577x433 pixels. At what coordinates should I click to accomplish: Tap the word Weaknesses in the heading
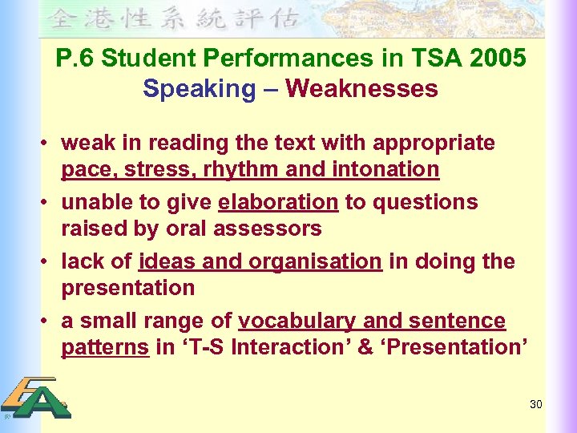pyautogui.click(x=361, y=88)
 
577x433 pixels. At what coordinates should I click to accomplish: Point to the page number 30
pyautogui.click(x=536, y=404)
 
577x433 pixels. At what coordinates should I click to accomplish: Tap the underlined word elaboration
pyautogui.click(x=278, y=202)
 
